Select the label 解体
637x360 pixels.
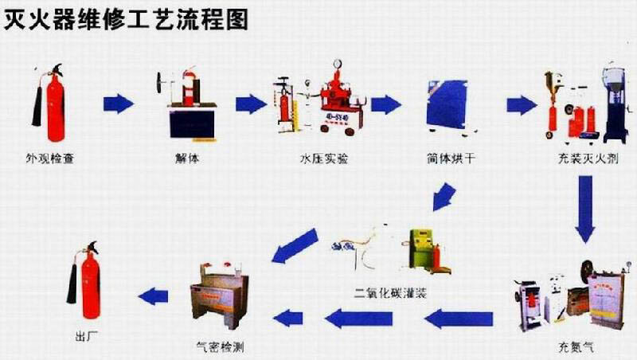[x=188, y=158]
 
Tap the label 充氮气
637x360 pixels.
[x=575, y=348]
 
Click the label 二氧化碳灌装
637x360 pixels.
[x=392, y=292]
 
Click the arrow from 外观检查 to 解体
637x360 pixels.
[x=119, y=104]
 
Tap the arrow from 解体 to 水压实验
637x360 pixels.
[x=251, y=104]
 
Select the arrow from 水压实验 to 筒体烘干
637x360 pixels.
[x=385, y=104]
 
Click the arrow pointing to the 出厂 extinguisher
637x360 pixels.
[x=153, y=296]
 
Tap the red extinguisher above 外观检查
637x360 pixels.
[x=53, y=103]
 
